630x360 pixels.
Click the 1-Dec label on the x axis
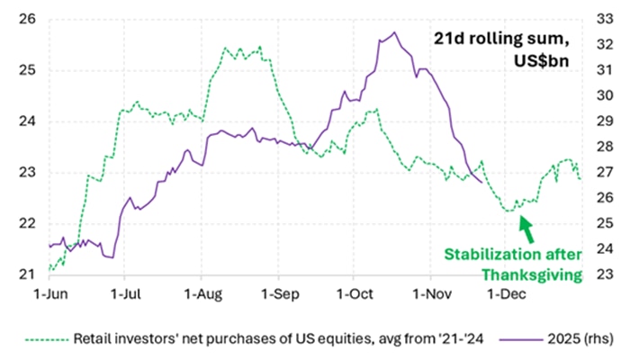(506, 292)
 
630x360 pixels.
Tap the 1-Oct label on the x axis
(354, 292)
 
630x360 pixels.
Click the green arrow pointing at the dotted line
(526, 229)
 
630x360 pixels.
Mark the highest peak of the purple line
(394, 32)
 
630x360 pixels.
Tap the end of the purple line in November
(483, 183)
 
